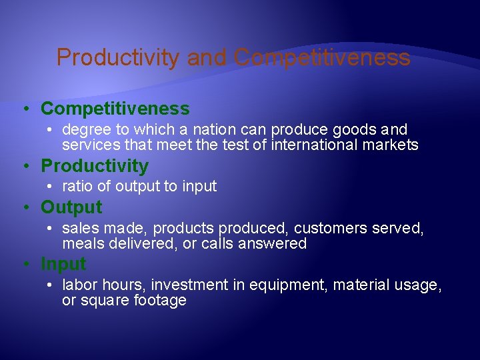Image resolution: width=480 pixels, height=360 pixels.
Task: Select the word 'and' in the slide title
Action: [207, 58]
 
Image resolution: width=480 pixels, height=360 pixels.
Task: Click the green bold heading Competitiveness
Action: [115, 109]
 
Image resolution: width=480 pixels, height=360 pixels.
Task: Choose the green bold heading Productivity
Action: [95, 165]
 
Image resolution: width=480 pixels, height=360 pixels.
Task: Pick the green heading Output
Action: [71, 207]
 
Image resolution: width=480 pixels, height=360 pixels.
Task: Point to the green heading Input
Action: [63, 264]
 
